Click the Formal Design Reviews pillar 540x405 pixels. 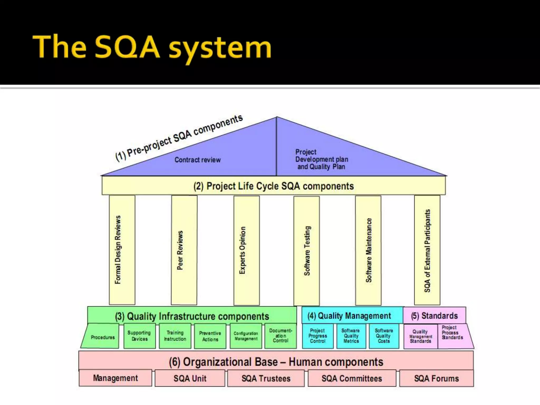(x=122, y=250)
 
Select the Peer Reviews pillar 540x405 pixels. (x=184, y=250)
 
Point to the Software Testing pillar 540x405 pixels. (x=306, y=250)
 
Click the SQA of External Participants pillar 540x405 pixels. (x=427, y=250)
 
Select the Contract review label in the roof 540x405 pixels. (x=197, y=160)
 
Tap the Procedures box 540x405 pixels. (x=103, y=337)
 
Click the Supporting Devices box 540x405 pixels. (x=139, y=336)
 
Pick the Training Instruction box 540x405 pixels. (x=175, y=336)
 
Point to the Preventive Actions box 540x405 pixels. (x=210, y=336)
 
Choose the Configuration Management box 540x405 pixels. (x=246, y=336)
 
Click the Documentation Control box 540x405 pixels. (x=281, y=335)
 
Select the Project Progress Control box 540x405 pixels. (x=318, y=336)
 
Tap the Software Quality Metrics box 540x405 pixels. (x=351, y=336)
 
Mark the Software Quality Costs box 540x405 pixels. (x=384, y=336)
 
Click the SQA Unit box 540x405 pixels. (x=190, y=378)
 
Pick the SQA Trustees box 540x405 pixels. (x=266, y=378)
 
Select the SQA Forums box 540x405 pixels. (x=436, y=378)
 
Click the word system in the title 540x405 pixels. (x=220, y=47)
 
